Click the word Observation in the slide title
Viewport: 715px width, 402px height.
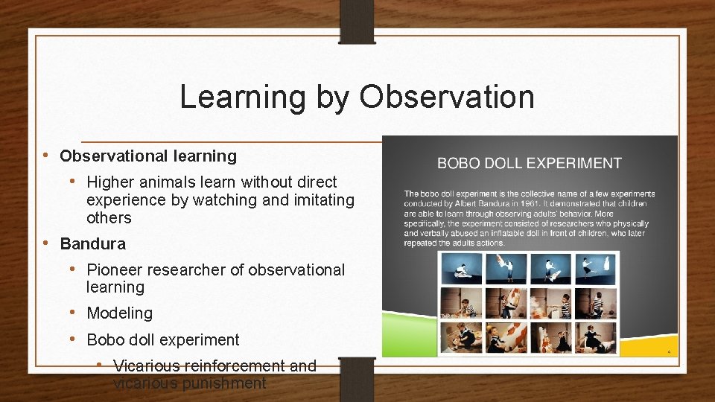[446, 97]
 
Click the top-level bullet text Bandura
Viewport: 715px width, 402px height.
[93, 244]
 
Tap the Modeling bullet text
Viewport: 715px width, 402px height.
[120, 313]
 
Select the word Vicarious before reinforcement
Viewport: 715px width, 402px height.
[147, 366]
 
